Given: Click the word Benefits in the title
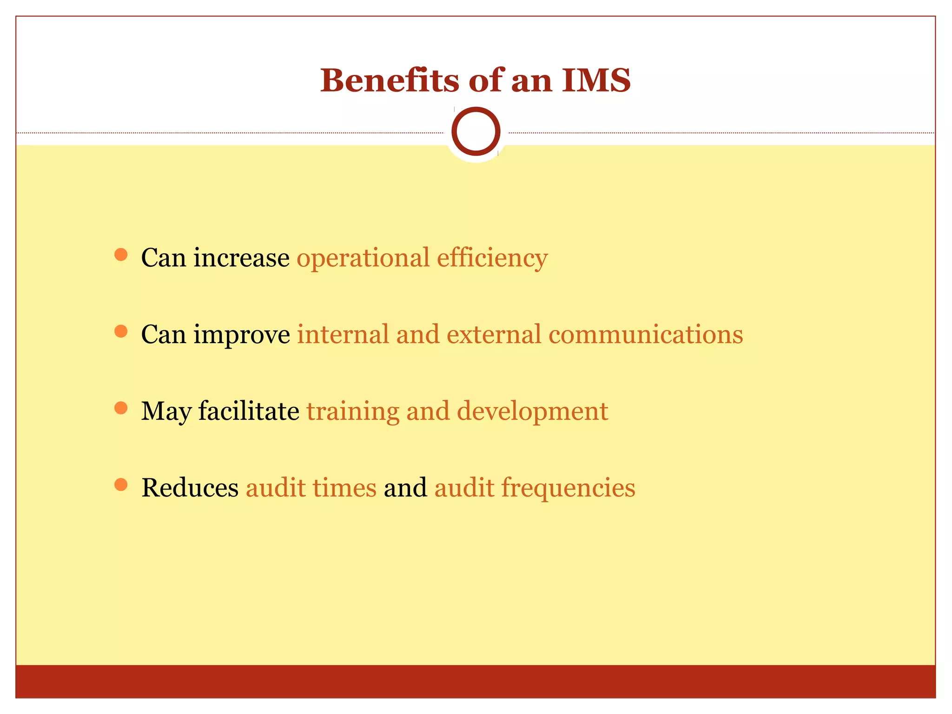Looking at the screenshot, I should point(390,80).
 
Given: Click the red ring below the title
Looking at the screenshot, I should point(476,131).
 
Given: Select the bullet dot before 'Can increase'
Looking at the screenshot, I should point(121,254).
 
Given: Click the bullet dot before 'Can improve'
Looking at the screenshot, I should point(121,331).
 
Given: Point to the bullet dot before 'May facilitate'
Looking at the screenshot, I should point(121,408).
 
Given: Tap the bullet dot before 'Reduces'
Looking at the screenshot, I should point(121,484).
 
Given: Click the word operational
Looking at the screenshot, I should point(363,258).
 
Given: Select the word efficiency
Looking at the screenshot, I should point(492,258).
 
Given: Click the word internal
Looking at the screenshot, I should point(343,334).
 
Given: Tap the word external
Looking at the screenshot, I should point(494,334).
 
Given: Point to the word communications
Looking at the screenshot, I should point(646,334).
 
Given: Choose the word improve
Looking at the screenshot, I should point(242,335).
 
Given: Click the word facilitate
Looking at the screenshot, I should point(249,411).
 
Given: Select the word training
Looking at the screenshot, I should point(353,412).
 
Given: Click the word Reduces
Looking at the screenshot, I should point(190,488).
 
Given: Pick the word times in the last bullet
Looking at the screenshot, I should point(344,488).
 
